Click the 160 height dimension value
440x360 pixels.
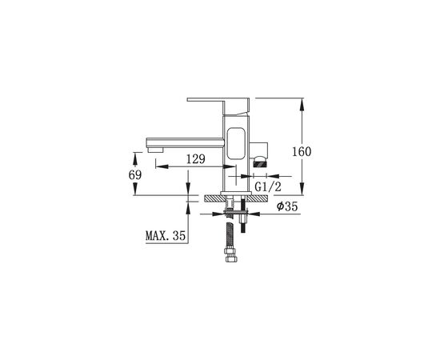302,152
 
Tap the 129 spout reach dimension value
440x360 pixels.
196,159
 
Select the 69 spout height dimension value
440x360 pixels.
135,175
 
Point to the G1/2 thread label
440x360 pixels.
268,186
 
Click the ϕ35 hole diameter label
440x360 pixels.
286,206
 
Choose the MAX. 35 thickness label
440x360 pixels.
166,236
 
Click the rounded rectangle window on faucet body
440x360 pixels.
236,144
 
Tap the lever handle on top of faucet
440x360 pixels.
218,106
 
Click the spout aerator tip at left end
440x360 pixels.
155,150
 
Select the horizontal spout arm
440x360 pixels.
186,142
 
